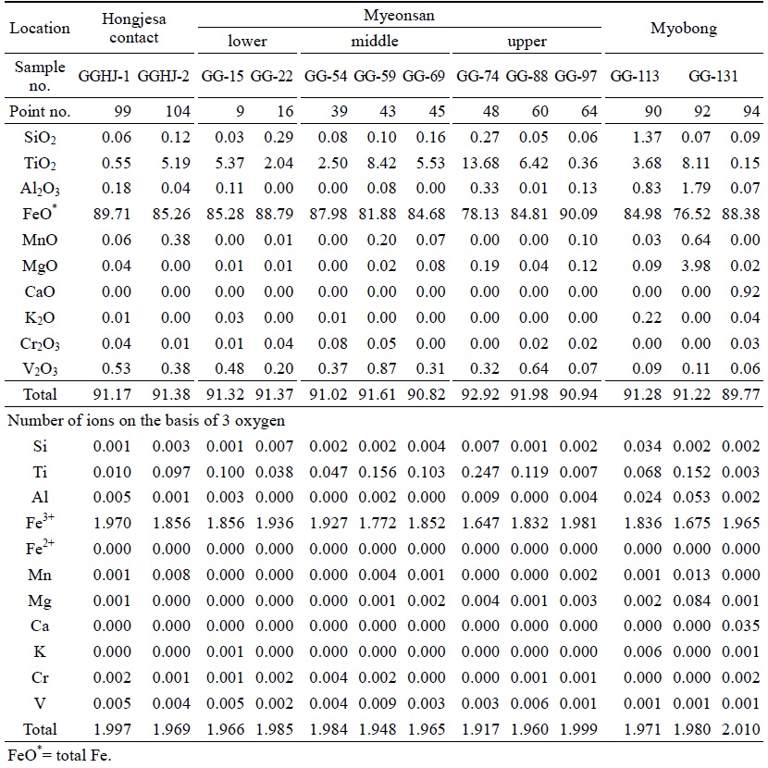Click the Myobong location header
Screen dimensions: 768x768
coord(684,29)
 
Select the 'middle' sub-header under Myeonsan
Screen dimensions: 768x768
coord(375,41)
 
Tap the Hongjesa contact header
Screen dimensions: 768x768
coord(134,28)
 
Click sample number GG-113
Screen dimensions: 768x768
coord(635,76)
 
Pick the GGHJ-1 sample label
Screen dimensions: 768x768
coord(105,76)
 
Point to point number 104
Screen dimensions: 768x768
coord(178,111)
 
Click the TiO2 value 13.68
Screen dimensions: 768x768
coord(480,163)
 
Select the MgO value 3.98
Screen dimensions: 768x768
coord(696,266)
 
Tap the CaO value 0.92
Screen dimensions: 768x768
coord(745,291)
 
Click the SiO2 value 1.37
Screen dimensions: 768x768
coord(647,137)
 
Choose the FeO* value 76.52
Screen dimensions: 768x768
coord(691,214)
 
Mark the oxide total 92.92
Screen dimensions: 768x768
coord(480,394)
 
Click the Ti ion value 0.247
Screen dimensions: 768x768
coord(480,472)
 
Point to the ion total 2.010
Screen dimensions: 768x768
coord(740,729)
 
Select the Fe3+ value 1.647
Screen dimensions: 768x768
coord(480,523)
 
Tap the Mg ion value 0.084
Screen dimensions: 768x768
coord(691,601)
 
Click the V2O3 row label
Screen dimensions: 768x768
coord(40,369)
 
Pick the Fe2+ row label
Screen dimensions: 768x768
coord(40,548)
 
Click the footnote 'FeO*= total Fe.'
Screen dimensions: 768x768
coord(59,755)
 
